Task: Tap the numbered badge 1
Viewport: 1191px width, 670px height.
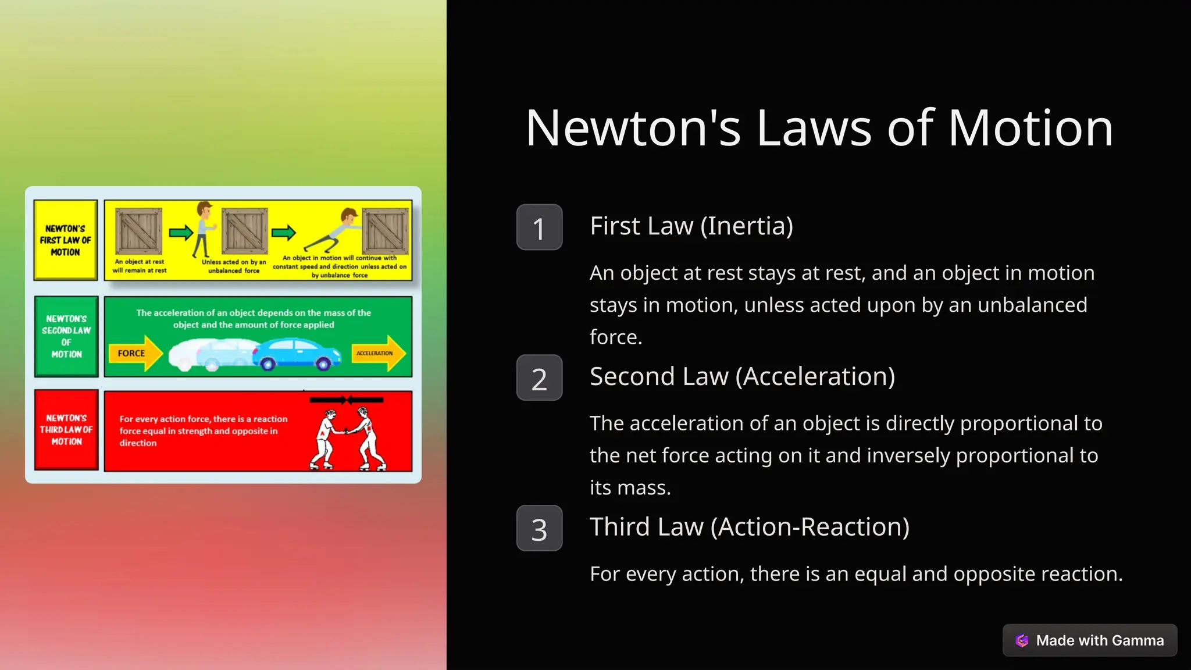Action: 539,227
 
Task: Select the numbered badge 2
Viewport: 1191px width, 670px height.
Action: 539,378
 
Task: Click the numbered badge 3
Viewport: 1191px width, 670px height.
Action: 539,528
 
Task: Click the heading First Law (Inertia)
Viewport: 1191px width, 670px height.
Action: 691,226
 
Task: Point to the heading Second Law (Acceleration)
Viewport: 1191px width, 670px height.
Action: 742,376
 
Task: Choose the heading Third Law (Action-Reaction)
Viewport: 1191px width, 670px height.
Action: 749,527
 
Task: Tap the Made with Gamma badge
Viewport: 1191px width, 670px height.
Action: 1090,640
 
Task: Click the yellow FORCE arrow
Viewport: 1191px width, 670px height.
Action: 136,353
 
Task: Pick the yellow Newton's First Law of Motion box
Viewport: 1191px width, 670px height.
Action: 66,240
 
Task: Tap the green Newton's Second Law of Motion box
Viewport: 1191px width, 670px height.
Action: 66,336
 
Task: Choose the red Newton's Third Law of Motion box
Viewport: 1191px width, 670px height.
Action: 66,430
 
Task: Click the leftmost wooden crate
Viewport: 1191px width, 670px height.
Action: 138,230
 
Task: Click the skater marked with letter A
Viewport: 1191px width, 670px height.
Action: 325,439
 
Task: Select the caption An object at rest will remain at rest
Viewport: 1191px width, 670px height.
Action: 140,266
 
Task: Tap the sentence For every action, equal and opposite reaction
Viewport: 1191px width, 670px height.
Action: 855,574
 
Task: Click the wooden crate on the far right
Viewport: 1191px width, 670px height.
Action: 386,230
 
